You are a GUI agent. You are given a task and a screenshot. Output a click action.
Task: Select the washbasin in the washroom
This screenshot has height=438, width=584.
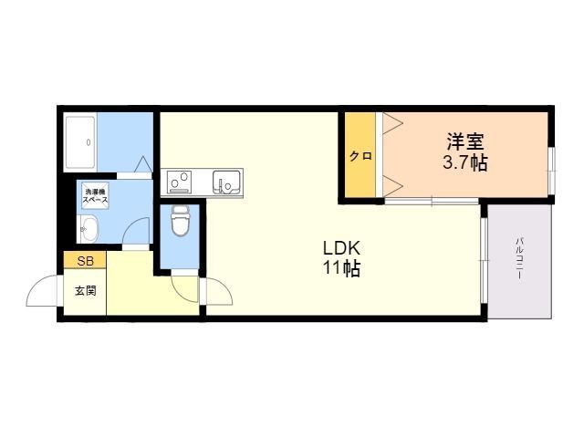(89, 229)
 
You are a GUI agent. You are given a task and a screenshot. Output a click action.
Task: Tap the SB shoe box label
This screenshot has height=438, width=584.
(84, 262)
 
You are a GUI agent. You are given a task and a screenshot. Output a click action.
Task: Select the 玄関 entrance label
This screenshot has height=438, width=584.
(85, 292)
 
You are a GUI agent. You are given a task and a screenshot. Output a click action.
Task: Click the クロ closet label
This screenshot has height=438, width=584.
(360, 155)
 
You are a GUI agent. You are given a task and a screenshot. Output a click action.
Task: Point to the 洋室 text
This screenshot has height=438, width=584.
(464, 143)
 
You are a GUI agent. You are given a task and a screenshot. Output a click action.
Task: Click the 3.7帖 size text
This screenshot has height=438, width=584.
(464, 164)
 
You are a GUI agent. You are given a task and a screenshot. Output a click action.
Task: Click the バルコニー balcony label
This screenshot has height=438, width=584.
(518, 259)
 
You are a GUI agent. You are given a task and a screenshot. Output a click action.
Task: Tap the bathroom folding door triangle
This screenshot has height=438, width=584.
(142, 164)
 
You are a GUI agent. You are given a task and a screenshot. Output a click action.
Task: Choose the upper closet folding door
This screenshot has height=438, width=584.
(393, 123)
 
